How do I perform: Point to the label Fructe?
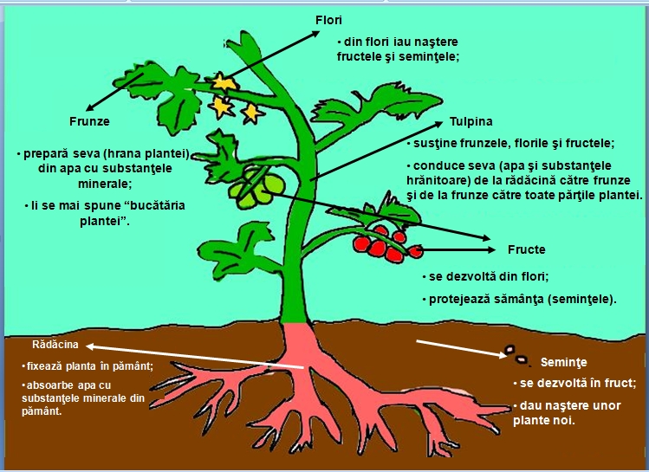click(526, 250)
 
